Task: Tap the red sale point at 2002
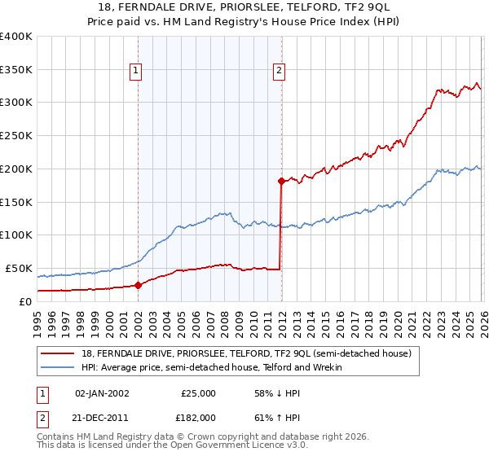[138, 285]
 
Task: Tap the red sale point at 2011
[281, 180]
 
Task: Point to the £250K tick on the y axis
[16, 135]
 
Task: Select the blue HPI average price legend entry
[212, 367]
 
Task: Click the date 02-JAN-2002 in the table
[102, 392]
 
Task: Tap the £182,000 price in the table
[198, 417]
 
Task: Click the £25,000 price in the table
[198, 392]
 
